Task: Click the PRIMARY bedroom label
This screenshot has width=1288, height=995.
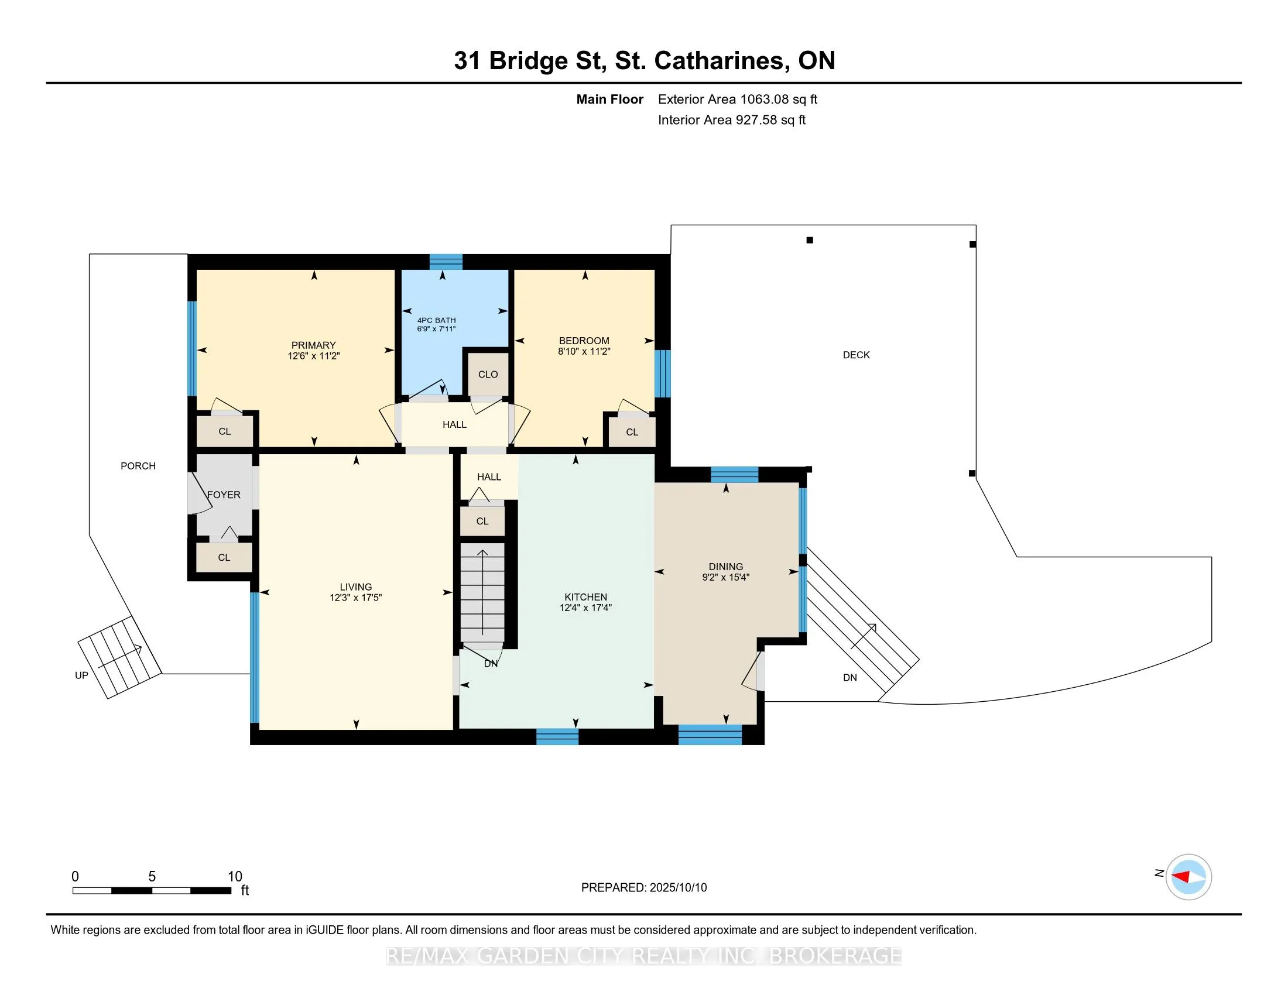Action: tap(313, 345)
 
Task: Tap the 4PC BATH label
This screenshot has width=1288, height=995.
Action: tap(436, 321)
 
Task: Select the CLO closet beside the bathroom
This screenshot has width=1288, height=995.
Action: tap(488, 375)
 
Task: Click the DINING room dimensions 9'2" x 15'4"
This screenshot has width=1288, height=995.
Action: tap(725, 578)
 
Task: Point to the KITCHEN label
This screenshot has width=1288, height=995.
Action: tap(585, 597)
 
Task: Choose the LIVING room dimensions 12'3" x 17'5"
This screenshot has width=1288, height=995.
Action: tap(355, 598)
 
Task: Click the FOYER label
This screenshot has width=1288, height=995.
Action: tap(224, 495)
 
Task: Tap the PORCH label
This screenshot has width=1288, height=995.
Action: tap(138, 466)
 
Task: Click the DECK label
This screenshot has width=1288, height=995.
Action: tap(857, 355)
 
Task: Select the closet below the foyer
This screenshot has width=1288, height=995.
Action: tap(224, 557)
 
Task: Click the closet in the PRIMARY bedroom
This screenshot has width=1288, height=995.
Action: tap(225, 431)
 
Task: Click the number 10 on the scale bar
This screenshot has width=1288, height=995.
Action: tap(235, 877)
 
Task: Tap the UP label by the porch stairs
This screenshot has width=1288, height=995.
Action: tap(81, 675)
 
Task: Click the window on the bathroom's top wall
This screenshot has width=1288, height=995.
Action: tap(446, 262)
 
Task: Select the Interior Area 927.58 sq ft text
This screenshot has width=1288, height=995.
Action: tap(732, 120)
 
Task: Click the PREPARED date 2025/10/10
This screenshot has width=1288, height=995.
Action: tap(677, 888)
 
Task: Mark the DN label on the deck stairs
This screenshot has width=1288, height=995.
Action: tap(850, 678)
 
